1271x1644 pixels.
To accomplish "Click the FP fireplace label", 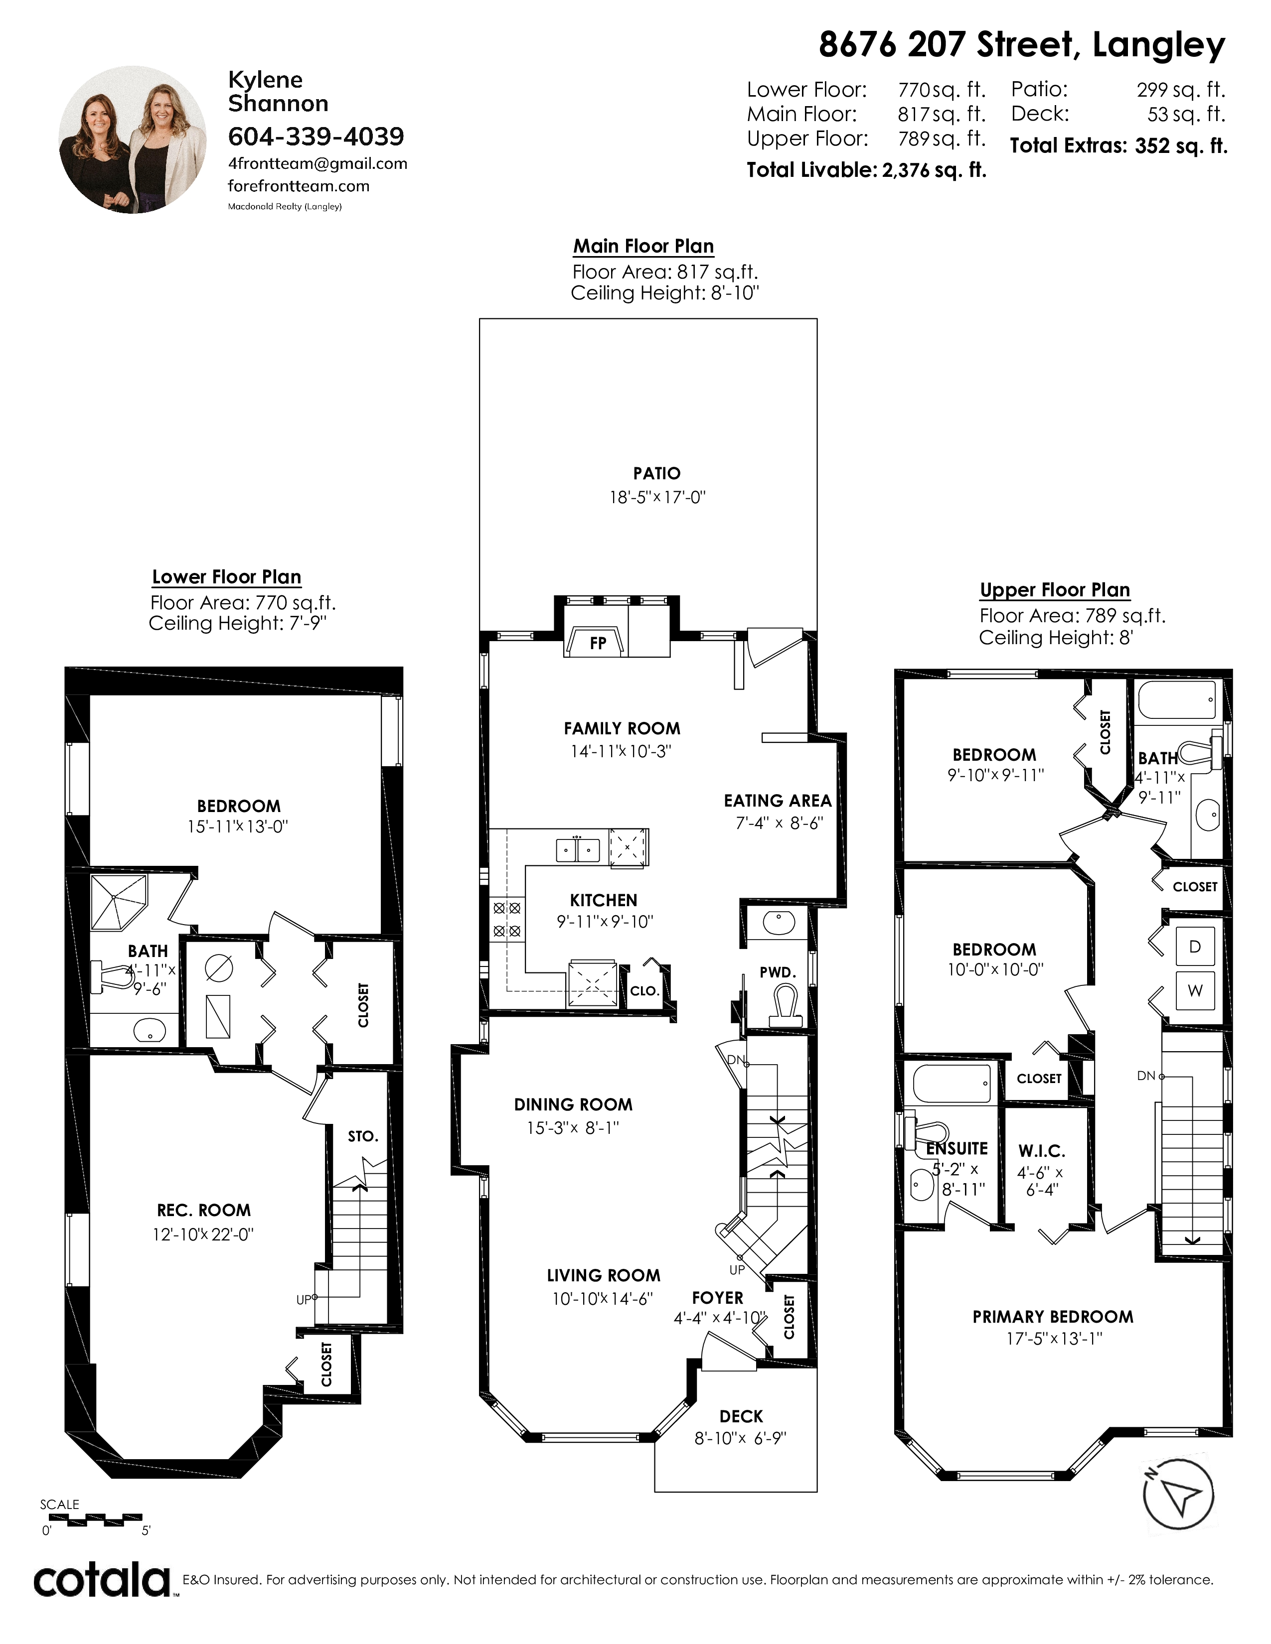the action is pyautogui.click(x=598, y=644).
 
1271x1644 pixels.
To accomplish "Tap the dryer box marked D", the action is pyautogui.click(x=1195, y=947).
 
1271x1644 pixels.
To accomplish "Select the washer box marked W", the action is pyautogui.click(x=1195, y=990).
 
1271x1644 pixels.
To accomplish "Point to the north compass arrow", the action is pyautogui.click(x=1178, y=1494).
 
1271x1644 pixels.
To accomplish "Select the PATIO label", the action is pyautogui.click(x=656, y=473).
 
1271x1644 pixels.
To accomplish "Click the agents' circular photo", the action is pyautogui.click(x=133, y=139).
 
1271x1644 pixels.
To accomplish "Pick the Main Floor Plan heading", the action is pyautogui.click(x=644, y=246).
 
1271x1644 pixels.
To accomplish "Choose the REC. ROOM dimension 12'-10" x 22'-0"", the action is pyautogui.click(x=203, y=1234).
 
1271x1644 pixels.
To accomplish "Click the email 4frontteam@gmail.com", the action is pyautogui.click(x=318, y=164).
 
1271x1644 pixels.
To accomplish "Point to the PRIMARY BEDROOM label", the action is pyautogui.click(x=1053, y=1317).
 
